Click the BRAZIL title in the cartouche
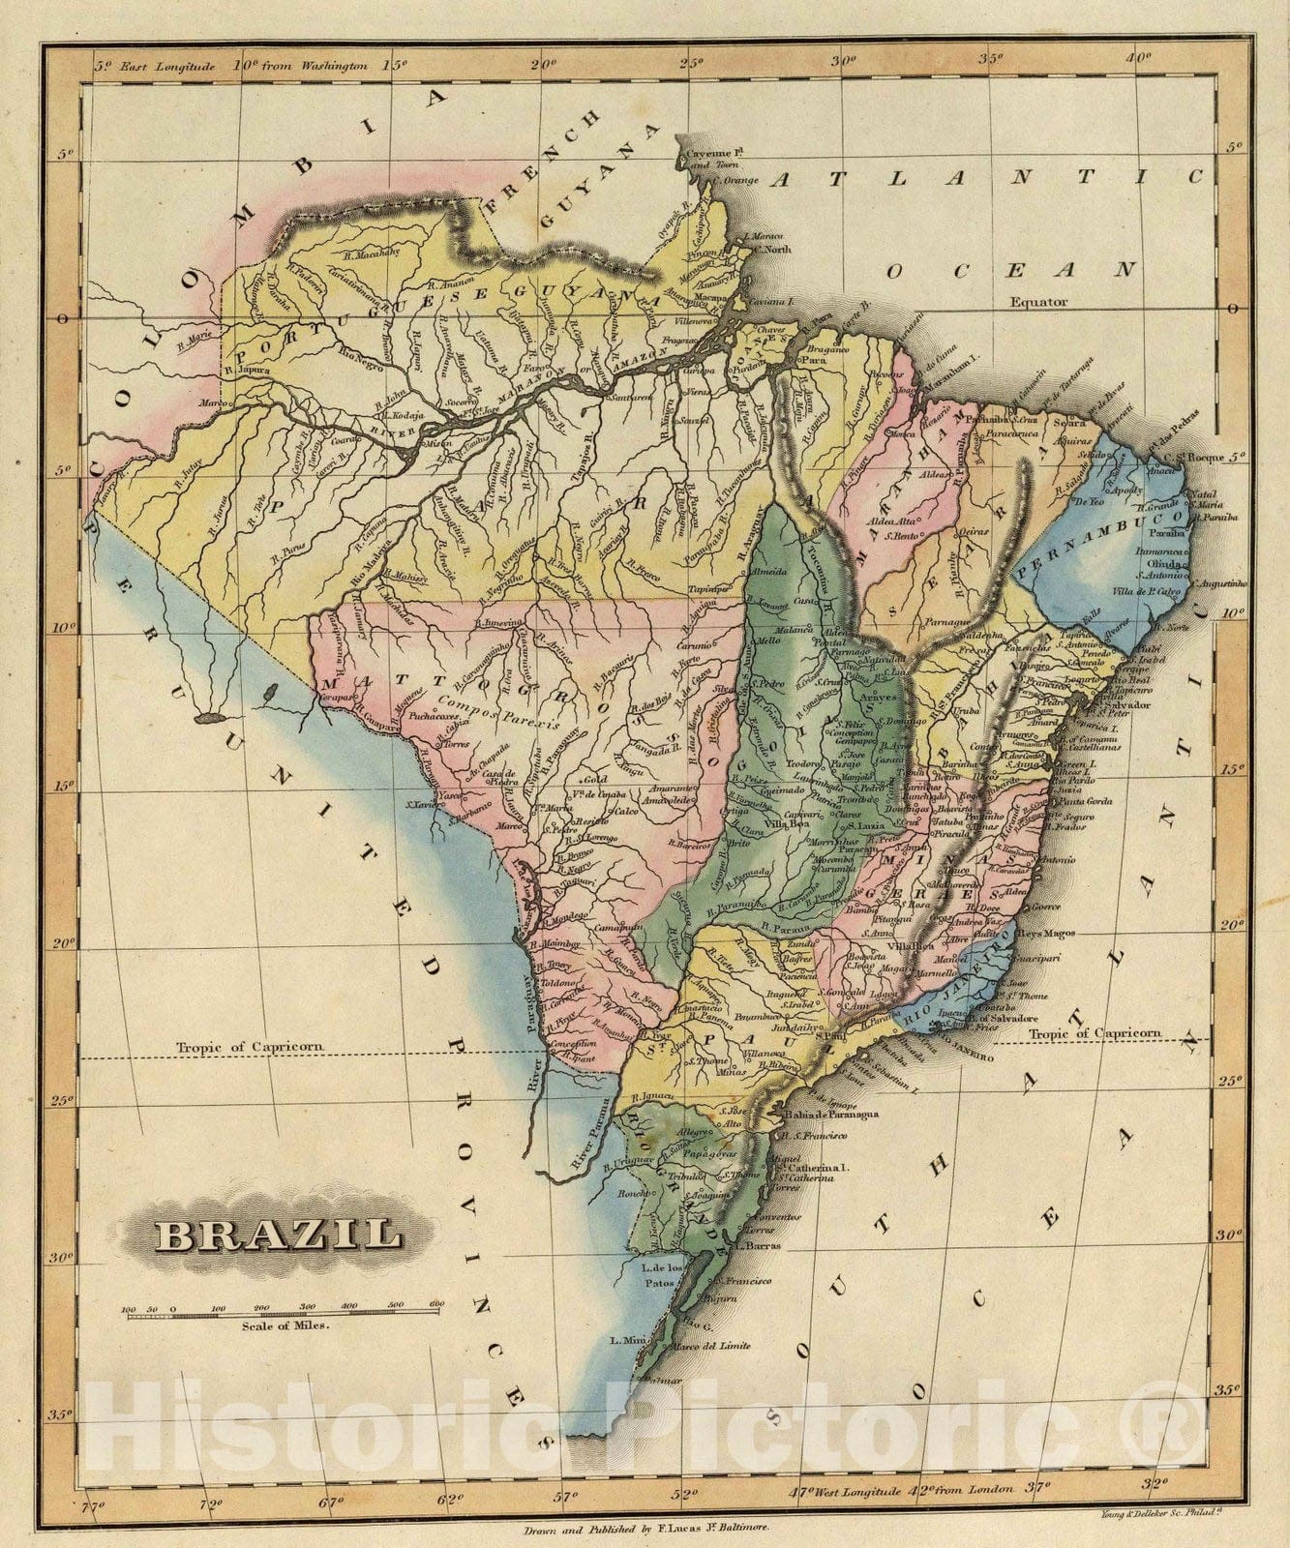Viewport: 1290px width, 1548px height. (279, 1235)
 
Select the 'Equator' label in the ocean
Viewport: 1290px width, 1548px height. (1039, 302)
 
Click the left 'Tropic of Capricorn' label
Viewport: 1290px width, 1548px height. (248, 1047)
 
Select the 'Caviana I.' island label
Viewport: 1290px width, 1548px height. (771, 302)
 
